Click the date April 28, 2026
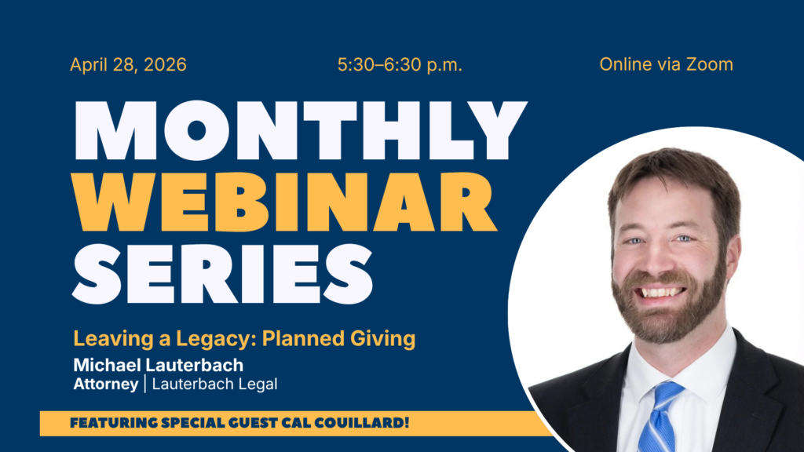tap(128, 65)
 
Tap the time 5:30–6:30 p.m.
tap(400, 65)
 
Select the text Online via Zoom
tap(666, 64)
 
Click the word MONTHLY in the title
tap(301, 131)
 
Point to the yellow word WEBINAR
tap(283, 202)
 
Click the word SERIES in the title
tap(222, 274)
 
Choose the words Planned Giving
tap(338, 340)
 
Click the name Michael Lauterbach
tap(159, 366)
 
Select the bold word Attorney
tap(106, 385)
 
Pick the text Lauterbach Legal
tap(214, 385)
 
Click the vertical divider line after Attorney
tap(145, 384)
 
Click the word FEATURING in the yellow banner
tap(114, 423)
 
